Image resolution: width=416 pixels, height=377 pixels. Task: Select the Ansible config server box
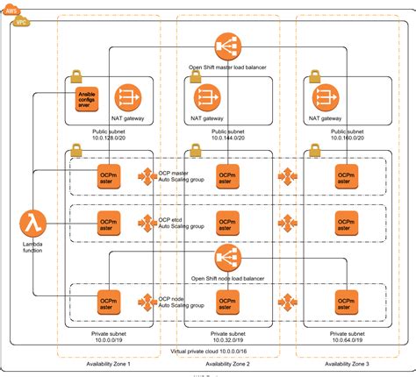[x=86, y=96]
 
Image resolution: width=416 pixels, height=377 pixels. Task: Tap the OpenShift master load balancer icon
[x=227, y=46]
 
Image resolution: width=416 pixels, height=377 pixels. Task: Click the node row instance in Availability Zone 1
[x=109, y=303]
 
